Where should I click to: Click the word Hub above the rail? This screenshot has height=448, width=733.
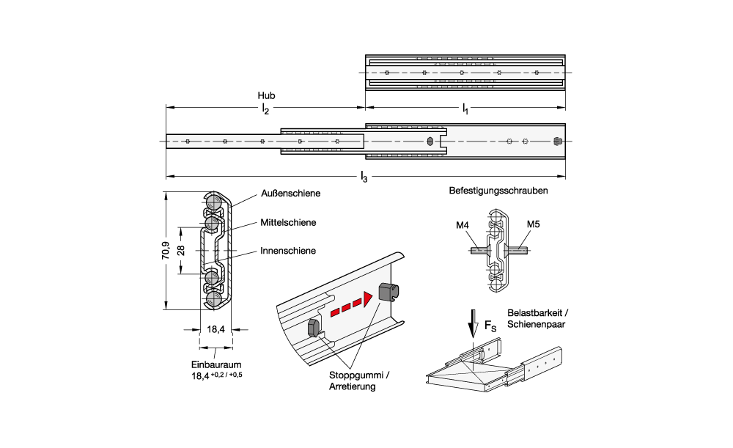point(266,96)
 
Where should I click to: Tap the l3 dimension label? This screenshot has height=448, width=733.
point(364,177)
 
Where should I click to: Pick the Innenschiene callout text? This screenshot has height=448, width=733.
point(288,251)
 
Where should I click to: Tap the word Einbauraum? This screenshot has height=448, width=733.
point(216,364)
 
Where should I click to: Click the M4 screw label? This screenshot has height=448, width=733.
point(462,225)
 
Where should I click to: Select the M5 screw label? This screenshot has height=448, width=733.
point(533,225)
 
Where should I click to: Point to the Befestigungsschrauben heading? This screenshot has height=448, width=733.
point(498,191)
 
